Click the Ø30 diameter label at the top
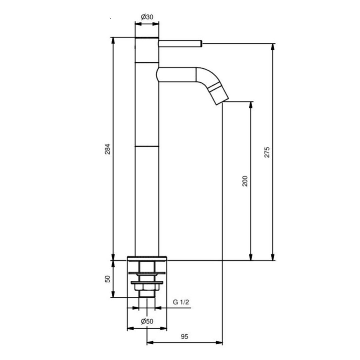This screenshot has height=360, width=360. click(147, 17)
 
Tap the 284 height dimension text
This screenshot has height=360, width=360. click(107, 149)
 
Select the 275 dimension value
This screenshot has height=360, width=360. click(267, 152)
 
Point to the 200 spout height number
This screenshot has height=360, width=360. click(245, 181)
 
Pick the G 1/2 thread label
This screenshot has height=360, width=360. click(181, 302)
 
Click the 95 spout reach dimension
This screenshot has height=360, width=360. click(184, 337)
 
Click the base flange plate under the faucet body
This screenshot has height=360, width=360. click(147, 258)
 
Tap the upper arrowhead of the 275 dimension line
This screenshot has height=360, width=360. click(273, 46)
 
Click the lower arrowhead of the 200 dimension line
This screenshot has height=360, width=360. click(251, 257)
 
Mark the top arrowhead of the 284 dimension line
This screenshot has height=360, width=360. click(113, 40)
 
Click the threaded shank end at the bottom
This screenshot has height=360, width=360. click(147, 294)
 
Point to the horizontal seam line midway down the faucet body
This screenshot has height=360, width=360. click(147, 146)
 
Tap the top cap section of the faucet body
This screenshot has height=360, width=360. click(147, 50)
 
